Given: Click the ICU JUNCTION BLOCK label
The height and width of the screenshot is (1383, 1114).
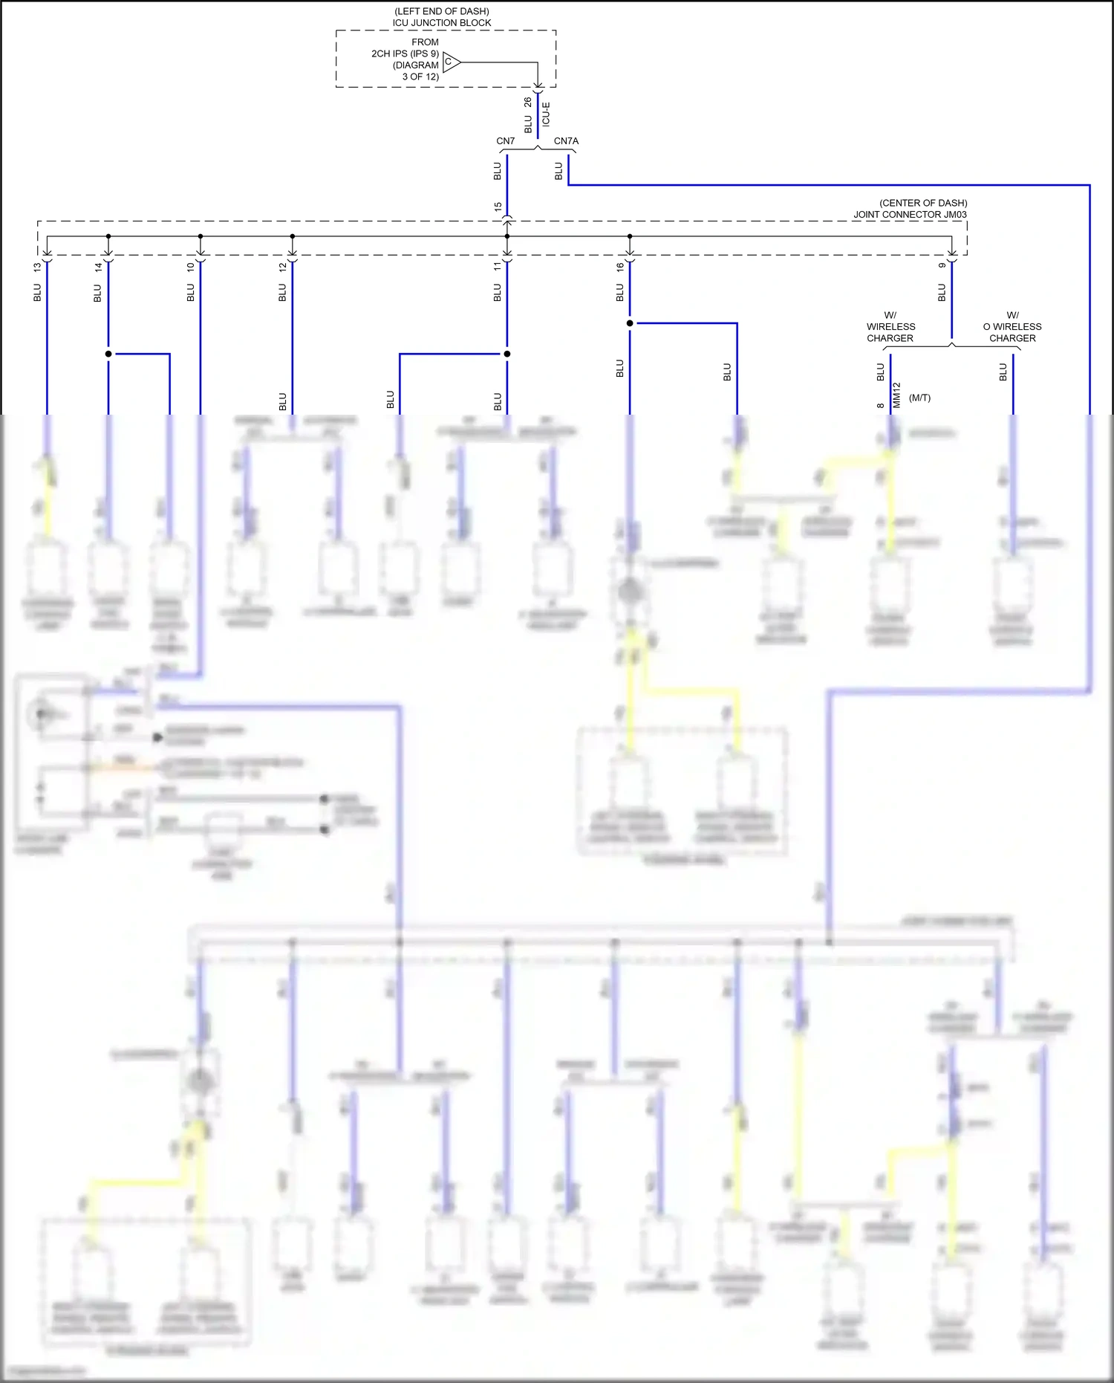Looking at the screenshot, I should [x=441, y=23].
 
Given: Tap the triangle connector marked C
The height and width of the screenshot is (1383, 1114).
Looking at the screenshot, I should [x=451, y=62].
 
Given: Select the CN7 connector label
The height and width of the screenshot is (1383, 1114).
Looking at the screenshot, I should [x=505, y=141].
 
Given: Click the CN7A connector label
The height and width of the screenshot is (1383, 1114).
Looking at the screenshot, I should [x=566, y=141].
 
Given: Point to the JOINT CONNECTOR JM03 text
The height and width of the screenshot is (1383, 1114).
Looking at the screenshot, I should [x=910, y=215].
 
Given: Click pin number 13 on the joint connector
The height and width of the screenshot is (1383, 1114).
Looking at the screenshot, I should [x=37, y=267].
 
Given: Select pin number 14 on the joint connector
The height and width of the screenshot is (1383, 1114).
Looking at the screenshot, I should [x=98, y=267].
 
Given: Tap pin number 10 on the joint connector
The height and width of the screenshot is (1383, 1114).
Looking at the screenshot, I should [x=191, y=267].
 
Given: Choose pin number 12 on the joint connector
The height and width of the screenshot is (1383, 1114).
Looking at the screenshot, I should [x=282, y=267].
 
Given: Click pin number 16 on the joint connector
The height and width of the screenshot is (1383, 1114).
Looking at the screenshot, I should [x=620, y=267].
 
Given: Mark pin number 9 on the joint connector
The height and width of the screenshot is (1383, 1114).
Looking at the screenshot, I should [x=942, y=265].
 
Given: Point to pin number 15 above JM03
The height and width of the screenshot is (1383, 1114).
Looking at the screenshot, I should [x=498, y=207].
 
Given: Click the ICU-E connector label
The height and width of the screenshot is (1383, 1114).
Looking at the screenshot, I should [x=546, y=114].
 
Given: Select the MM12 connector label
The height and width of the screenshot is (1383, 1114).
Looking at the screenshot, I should [x=896, y=395].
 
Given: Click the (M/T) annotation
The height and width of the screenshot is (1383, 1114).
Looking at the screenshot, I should [x=919, y=398].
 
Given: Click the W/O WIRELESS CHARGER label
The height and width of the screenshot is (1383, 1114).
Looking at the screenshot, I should [x=1012, y=327].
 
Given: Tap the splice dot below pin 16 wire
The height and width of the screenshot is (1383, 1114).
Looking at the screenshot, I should [x=630, y=323].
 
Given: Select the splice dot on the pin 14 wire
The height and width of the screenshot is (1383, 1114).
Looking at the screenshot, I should [x=108, y=354].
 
